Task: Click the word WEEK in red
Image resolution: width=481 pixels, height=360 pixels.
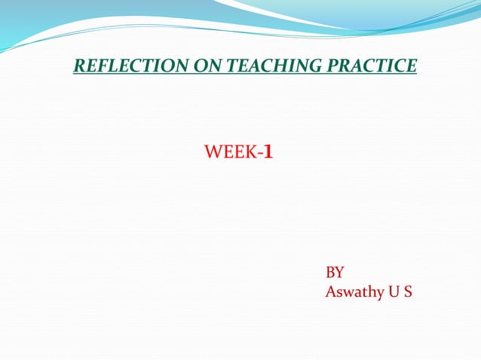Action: click(230, 154)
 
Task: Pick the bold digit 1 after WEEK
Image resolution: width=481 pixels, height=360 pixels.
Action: click(268, 154)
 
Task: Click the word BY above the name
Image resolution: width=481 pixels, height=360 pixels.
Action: click(335, 273)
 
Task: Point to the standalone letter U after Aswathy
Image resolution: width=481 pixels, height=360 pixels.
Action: click(392, 291)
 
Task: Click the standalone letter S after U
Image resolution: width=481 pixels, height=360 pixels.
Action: click(407, 291)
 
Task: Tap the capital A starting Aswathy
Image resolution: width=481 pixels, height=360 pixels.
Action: click(330, 291)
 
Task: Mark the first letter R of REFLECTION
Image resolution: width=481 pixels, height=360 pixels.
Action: click(79, 66)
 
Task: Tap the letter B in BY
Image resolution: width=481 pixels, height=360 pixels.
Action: click(330, 273)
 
